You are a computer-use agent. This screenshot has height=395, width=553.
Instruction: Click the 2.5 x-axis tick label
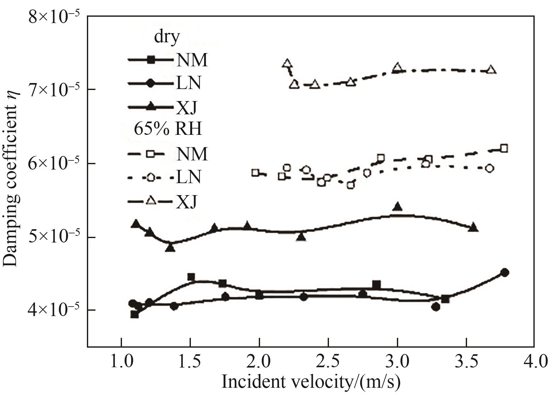(329, 361)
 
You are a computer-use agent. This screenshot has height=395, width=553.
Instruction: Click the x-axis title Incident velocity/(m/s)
(311, 381)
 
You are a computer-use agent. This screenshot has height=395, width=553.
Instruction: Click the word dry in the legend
(167, 37)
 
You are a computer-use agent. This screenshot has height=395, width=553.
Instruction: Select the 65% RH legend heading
(168, 129)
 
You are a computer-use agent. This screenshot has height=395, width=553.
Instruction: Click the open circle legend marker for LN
(151, 177)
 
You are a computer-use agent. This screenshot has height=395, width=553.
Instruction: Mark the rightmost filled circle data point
(505, 272)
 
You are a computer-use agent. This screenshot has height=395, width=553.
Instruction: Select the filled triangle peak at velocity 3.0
(398, 207)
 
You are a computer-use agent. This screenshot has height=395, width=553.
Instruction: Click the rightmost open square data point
(504, 148)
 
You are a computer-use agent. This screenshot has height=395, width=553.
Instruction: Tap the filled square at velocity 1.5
(191, 277)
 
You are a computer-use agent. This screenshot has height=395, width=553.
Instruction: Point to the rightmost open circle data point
(489, 168)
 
